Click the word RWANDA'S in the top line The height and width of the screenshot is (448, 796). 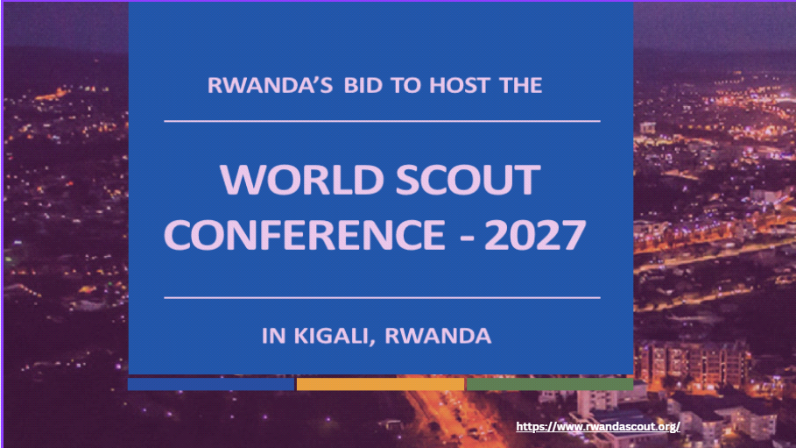coord(270,85)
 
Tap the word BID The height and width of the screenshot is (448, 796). coord(363,85)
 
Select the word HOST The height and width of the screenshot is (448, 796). coord(460,85)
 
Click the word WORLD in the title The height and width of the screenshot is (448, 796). coord(302,180)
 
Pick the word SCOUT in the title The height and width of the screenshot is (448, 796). coord(468,180)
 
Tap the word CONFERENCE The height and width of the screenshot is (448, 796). coord(304,234)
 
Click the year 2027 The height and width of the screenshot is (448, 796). coord(535,234)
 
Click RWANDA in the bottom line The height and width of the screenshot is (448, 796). coord(438,336)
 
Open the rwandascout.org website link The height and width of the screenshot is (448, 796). coord(598,426)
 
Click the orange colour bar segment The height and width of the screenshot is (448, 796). coord(380,384)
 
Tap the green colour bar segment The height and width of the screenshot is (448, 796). coord(550,384)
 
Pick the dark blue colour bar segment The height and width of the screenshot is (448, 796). coord(211,384)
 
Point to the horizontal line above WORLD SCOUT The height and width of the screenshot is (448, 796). coord(383,121)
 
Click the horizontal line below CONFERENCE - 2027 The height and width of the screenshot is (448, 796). coord(383,297)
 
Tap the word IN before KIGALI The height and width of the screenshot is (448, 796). coord(273,336)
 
